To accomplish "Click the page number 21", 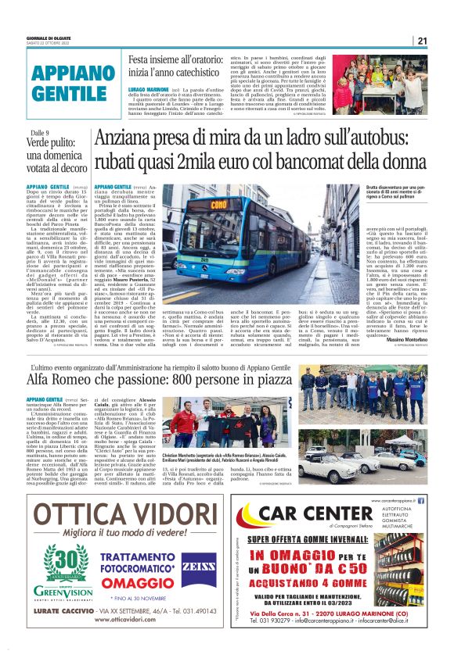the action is pyautogui.click(x=422, y=41).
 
